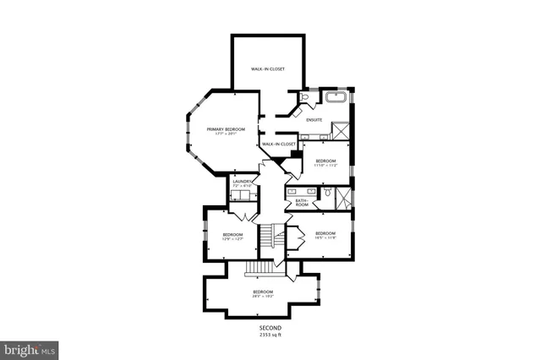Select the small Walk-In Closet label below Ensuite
[x=278, y=145]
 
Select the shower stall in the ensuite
[x=341, y=131]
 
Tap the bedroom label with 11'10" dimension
[x=326, y=162]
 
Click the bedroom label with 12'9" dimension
[x=232, y=236]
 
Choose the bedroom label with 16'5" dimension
[x=325, y=235]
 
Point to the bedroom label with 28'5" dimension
[x=263, y=293]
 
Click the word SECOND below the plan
[x=270, y=327]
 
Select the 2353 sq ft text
[x=270, y=335]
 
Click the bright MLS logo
[x=30, y=348]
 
